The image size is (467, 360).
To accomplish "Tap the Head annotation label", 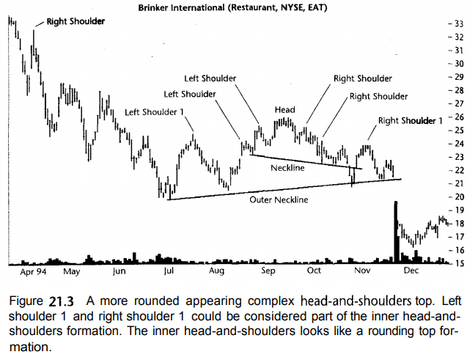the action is click(x=284, y=110).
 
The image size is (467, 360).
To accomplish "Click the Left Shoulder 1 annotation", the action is click(x=154, y=112).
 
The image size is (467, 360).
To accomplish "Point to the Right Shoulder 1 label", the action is click(x=411, y=120).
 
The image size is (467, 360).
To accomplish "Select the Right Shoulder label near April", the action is click(x=75, y=21).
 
